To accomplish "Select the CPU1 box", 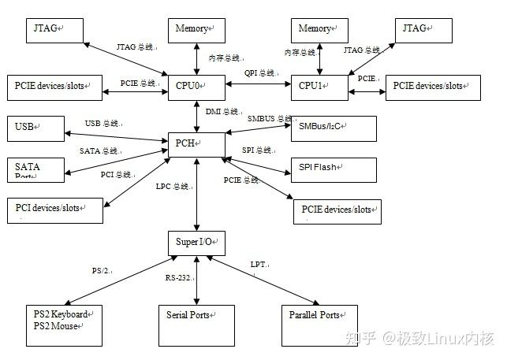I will [x=319, y=86].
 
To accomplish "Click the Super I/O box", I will [x=196, y=241].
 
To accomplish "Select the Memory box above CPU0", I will [x=192, y=29].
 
